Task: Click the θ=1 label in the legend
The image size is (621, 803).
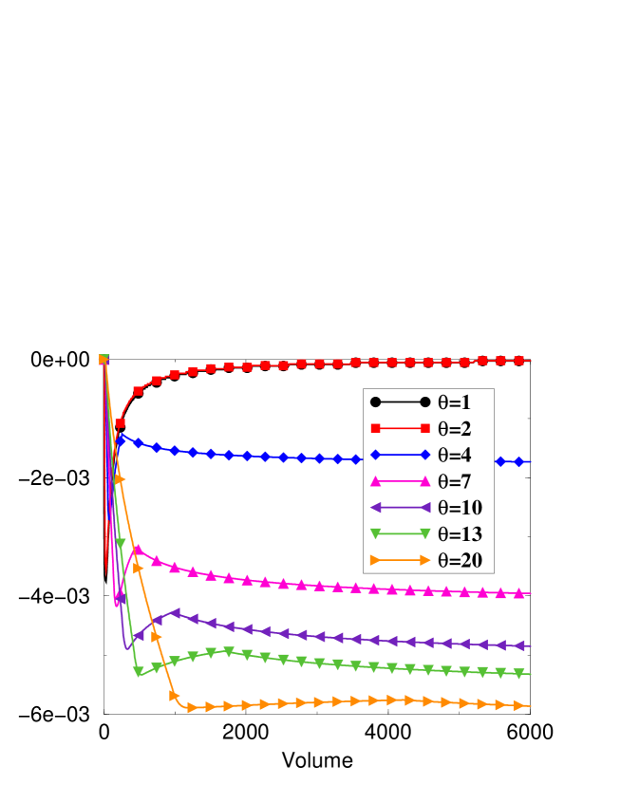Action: click(460, 402)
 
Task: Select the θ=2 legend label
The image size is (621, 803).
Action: click(460, 429)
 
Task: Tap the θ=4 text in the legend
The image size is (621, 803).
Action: click(460, 456)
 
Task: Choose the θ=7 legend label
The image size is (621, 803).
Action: click(460, 481)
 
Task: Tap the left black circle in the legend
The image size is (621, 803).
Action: click(376, 402)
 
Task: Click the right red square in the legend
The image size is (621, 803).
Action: click(425, 429)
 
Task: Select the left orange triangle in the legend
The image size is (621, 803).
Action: click(376, 561)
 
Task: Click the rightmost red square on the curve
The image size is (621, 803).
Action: click(518, 361)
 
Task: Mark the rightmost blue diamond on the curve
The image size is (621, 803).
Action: click(518, 462)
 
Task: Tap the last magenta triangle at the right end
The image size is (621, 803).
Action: click(518, 593)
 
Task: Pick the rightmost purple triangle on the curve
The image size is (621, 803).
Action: click(518, 645)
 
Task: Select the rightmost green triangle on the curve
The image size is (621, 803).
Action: click(518, 674)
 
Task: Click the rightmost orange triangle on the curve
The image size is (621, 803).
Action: click(518, 706)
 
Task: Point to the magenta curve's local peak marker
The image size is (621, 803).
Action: click(139, 549)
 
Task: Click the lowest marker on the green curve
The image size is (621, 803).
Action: click(139, 672)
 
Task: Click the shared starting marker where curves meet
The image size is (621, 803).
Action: click(103, 359)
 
